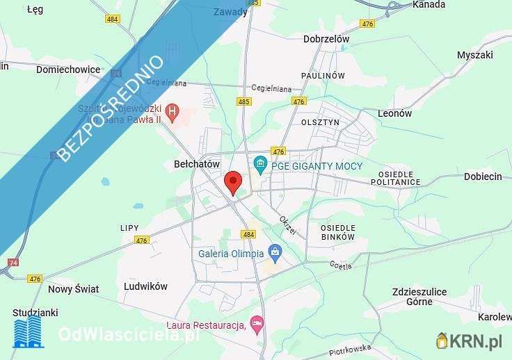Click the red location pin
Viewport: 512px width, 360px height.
click(234, 182)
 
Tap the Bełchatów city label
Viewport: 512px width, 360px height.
click(196, 164)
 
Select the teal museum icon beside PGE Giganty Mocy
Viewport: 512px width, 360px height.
click(261, 165)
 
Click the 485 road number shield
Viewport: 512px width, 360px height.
click(243, 101)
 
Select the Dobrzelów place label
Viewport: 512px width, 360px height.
click(326, 40)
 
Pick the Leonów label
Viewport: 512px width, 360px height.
click(394, 113)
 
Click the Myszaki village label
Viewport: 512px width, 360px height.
click(475, 55)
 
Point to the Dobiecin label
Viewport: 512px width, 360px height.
click(483, 177)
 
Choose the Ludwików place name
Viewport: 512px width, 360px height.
click(145, 286)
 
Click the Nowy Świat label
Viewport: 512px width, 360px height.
click(73, 289)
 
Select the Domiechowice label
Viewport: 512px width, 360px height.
click(68, 69)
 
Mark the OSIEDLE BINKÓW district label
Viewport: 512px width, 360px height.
click(338, 232)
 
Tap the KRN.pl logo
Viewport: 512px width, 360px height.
click(469, 341)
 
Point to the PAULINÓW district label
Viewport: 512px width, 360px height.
click(323, 75)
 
